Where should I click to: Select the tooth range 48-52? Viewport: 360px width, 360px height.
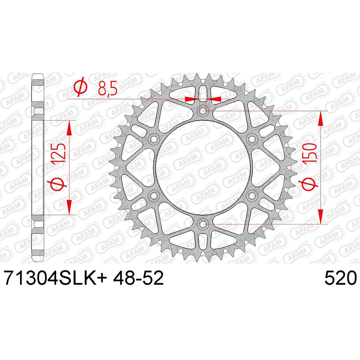(x=138, y=278)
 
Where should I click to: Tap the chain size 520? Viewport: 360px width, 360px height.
(x=340, y=278)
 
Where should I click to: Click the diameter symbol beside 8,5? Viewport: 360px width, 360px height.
(x=80, y=88)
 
